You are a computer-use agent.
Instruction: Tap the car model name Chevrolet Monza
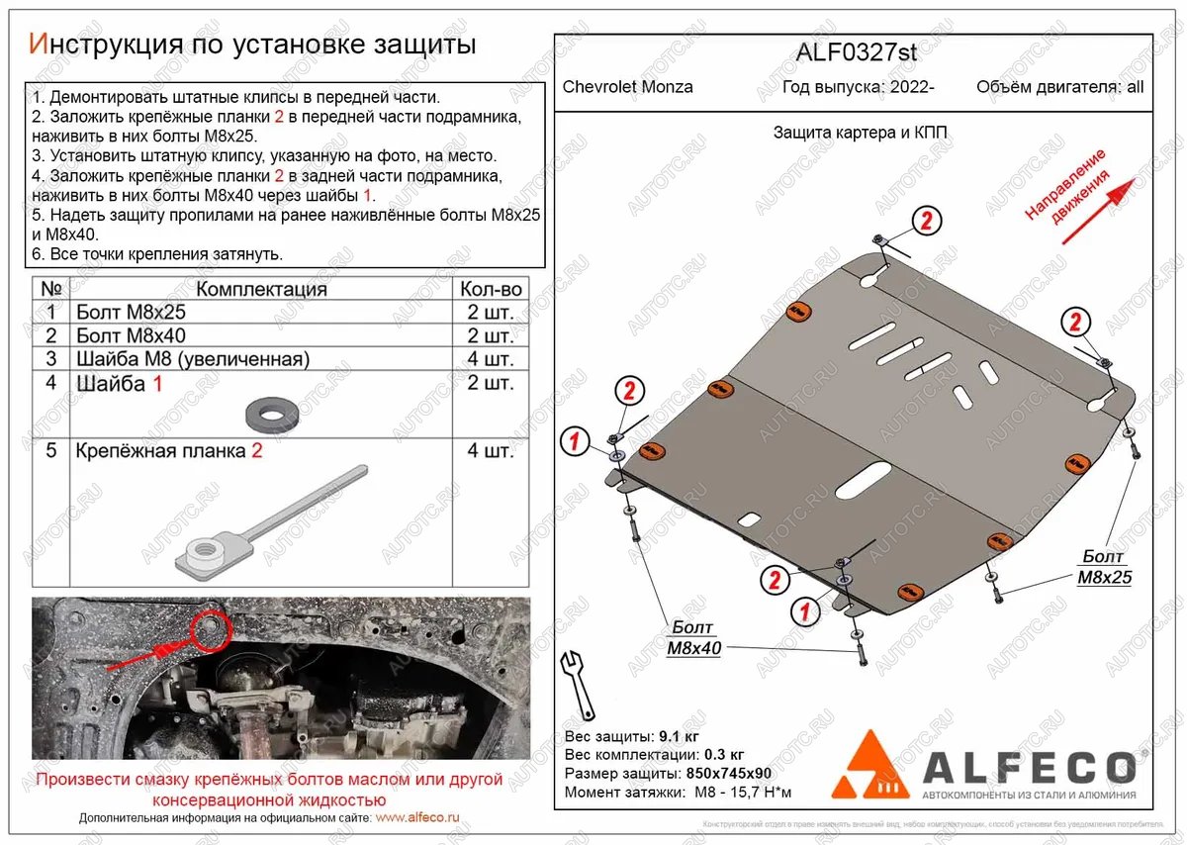(x=628, y=87)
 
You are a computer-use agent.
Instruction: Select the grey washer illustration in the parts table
(x=264, y=414)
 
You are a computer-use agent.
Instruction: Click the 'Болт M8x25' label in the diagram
(x=1105, y=567)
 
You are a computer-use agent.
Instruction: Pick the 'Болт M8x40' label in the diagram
(x=693, y=638)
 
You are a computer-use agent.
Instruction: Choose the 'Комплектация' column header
(x=261, y=289)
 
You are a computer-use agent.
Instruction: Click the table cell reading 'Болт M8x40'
(x=130, y=335)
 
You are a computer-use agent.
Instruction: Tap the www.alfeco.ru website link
(x=418, y=818)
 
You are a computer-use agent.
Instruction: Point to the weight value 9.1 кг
(x=681, y=737)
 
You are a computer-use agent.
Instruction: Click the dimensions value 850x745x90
(x=727, y=774)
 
